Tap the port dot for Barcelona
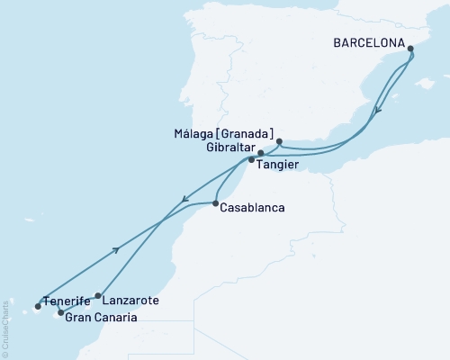coord(411,50)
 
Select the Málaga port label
coord(208,132)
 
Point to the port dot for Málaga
coord(279,141)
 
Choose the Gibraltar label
coord(229,147)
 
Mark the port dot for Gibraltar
coord(261,153)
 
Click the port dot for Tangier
coord(251,160)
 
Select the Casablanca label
coord(255,208)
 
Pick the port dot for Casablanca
coord(216,204)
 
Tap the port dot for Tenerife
coord(38,305)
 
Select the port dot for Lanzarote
coord(98,294)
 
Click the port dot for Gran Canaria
coord(60,313)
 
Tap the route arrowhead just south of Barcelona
coord(378,110)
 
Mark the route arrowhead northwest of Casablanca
coord(184,199)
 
